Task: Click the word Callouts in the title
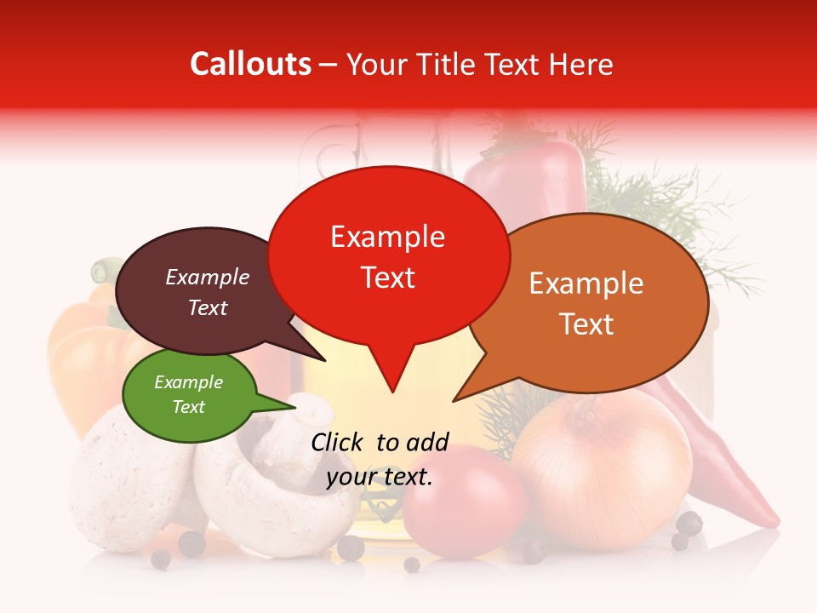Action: (250, 64)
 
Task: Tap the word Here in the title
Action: (582, 64)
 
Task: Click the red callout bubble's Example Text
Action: (387, 257)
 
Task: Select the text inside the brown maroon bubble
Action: (207, 292)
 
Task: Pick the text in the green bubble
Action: (188, 394)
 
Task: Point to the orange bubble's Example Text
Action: (586, 303)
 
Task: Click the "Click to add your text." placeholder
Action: (380, 459)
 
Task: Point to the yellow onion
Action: (603, 473)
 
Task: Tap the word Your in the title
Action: (374, 64)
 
